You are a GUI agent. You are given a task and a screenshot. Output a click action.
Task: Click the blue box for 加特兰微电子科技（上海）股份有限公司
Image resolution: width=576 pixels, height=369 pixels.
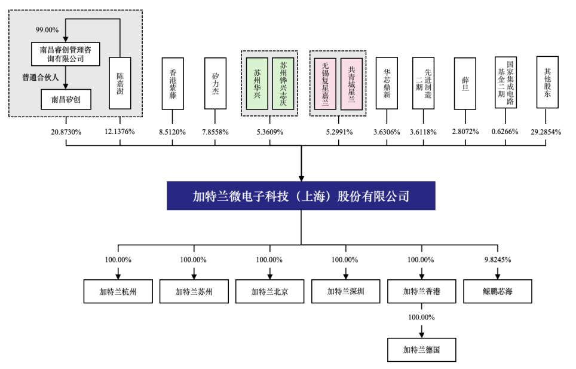click(x=301, y=196)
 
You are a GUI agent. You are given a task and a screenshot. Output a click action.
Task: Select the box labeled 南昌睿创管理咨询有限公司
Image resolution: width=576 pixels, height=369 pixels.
click(x=65, y=54)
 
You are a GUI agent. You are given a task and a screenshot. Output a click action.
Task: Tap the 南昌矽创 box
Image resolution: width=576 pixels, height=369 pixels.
click(x=66, y=99)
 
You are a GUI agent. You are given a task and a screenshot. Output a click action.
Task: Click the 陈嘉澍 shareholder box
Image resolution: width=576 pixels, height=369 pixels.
click(x=120, y=83)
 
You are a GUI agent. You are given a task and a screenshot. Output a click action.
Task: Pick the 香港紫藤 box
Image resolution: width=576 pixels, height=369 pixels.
click(x=173, y=84)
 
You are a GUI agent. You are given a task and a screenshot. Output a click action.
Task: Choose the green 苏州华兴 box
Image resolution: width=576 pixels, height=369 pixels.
click(x=257, y=84)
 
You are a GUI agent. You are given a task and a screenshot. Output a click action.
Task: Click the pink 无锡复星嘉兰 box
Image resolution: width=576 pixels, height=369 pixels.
click(x=325, y=84)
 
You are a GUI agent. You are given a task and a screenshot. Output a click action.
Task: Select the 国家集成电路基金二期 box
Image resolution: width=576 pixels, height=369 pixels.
click(x=505, y=83)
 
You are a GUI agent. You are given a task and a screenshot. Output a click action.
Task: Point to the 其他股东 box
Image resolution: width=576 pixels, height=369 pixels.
click(x=547, y=83)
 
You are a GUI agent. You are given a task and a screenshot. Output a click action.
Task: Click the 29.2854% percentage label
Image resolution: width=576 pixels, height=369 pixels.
click(x=546, y=132)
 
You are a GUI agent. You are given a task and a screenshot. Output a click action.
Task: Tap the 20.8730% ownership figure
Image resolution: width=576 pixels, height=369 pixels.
click(x=66, y=132)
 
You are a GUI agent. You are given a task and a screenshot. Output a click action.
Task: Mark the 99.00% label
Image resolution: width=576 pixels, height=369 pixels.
click(x=47, y=30)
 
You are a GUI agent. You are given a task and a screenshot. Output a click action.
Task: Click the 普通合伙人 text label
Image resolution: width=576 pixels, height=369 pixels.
click(x=41, y=77)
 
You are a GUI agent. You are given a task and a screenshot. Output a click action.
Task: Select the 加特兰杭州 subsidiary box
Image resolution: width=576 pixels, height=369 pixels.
click(x=118, y=291)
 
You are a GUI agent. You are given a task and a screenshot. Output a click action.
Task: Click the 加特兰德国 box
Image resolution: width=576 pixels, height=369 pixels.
click(x=421, y=349)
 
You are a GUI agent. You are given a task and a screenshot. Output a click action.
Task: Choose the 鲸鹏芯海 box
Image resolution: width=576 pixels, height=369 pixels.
click(x=497, y=291)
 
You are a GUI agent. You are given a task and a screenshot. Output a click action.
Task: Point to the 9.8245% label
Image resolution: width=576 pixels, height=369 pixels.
click(x=498, y=260)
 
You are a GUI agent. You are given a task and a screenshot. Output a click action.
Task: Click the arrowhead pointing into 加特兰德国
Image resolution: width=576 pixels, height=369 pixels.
click(x=422, y=335)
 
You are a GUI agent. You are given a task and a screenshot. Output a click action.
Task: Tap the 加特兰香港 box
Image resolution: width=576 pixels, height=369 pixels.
click(x=421, y=291)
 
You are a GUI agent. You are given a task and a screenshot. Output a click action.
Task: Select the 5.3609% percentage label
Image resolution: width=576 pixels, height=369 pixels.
click(x=270, y=132)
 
